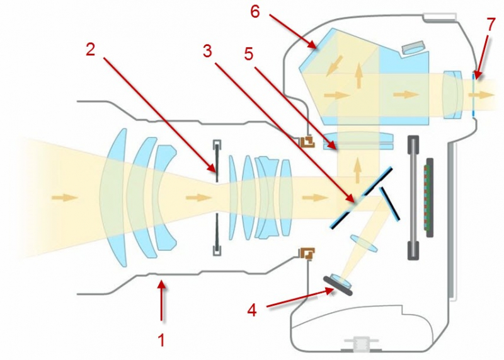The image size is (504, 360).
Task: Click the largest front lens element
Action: [x=113, y=197]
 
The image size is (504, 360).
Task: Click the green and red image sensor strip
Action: [x=430, y=197]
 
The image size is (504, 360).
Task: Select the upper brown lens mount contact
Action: [x=307, y=142]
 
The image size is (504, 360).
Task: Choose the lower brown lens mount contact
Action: [x=307, y=253]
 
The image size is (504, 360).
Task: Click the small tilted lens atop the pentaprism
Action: [x=413, y=47]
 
